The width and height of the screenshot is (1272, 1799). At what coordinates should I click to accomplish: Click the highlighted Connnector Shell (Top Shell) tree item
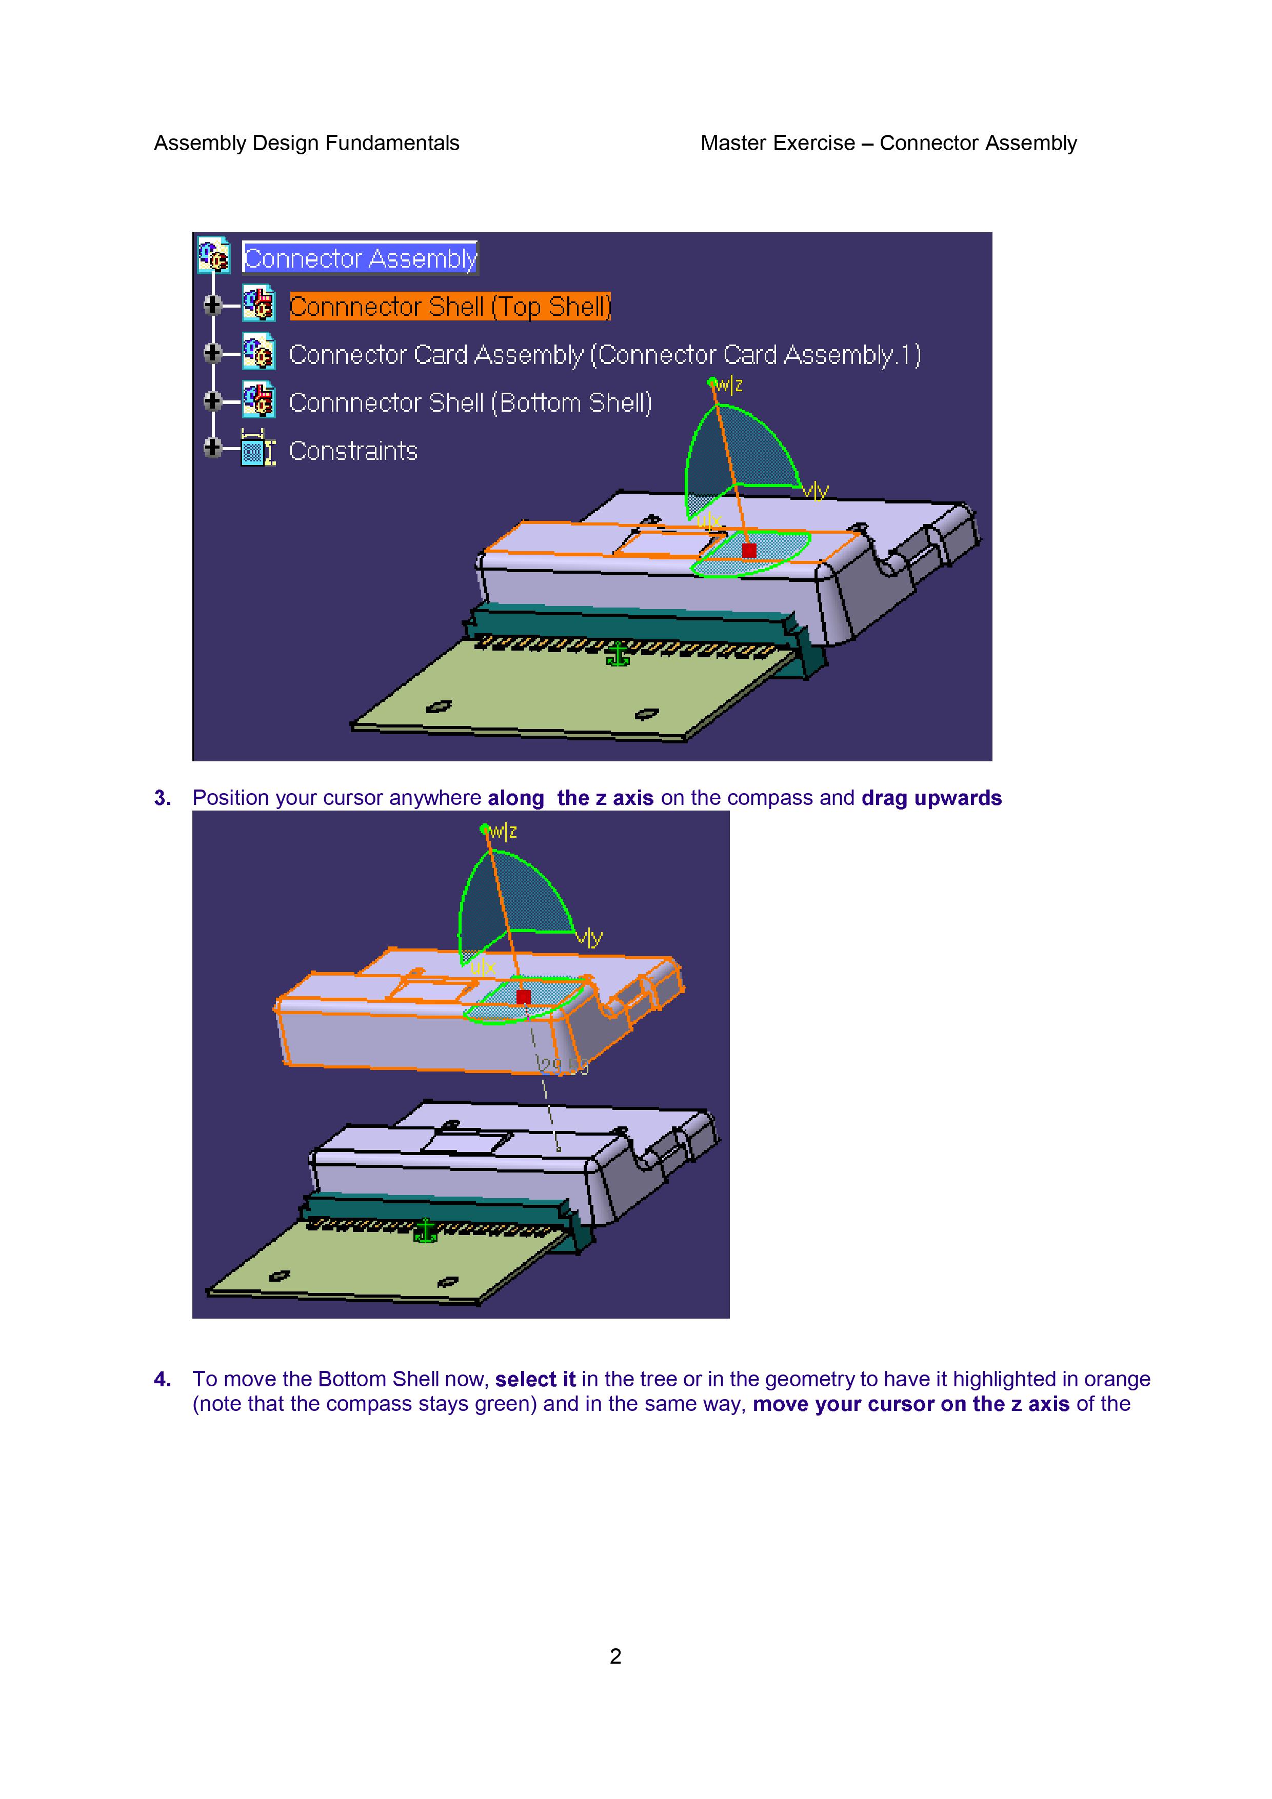(x=449, y=307)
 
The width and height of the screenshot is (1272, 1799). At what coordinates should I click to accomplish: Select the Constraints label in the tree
(x=353, y=451)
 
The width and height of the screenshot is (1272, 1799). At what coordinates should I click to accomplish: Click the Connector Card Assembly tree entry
(x=604, y=355)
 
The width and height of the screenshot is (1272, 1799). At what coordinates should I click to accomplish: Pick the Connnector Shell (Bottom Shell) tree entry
(x=470, y=403)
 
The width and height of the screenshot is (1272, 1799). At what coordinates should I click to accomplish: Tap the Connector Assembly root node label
(x=360, y=258)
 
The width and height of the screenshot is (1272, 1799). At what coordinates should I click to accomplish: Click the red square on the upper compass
(x=749, y=551)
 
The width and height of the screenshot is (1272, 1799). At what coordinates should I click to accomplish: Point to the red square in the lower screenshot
(x=524, y=997)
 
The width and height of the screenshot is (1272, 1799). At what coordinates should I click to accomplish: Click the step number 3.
(x=162, y=798)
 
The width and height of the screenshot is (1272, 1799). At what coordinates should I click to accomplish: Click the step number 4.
(x=162, y=1379)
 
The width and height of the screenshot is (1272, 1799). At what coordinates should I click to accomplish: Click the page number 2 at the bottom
(x=615, y=1655)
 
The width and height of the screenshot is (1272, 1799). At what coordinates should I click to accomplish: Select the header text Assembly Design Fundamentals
(x=306, y=144)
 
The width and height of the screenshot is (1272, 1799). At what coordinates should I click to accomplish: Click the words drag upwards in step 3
(x=931, y=798)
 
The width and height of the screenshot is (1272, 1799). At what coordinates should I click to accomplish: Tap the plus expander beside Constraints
(x=212, y=448)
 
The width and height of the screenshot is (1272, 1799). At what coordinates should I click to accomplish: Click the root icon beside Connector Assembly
(x=213, y=255)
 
